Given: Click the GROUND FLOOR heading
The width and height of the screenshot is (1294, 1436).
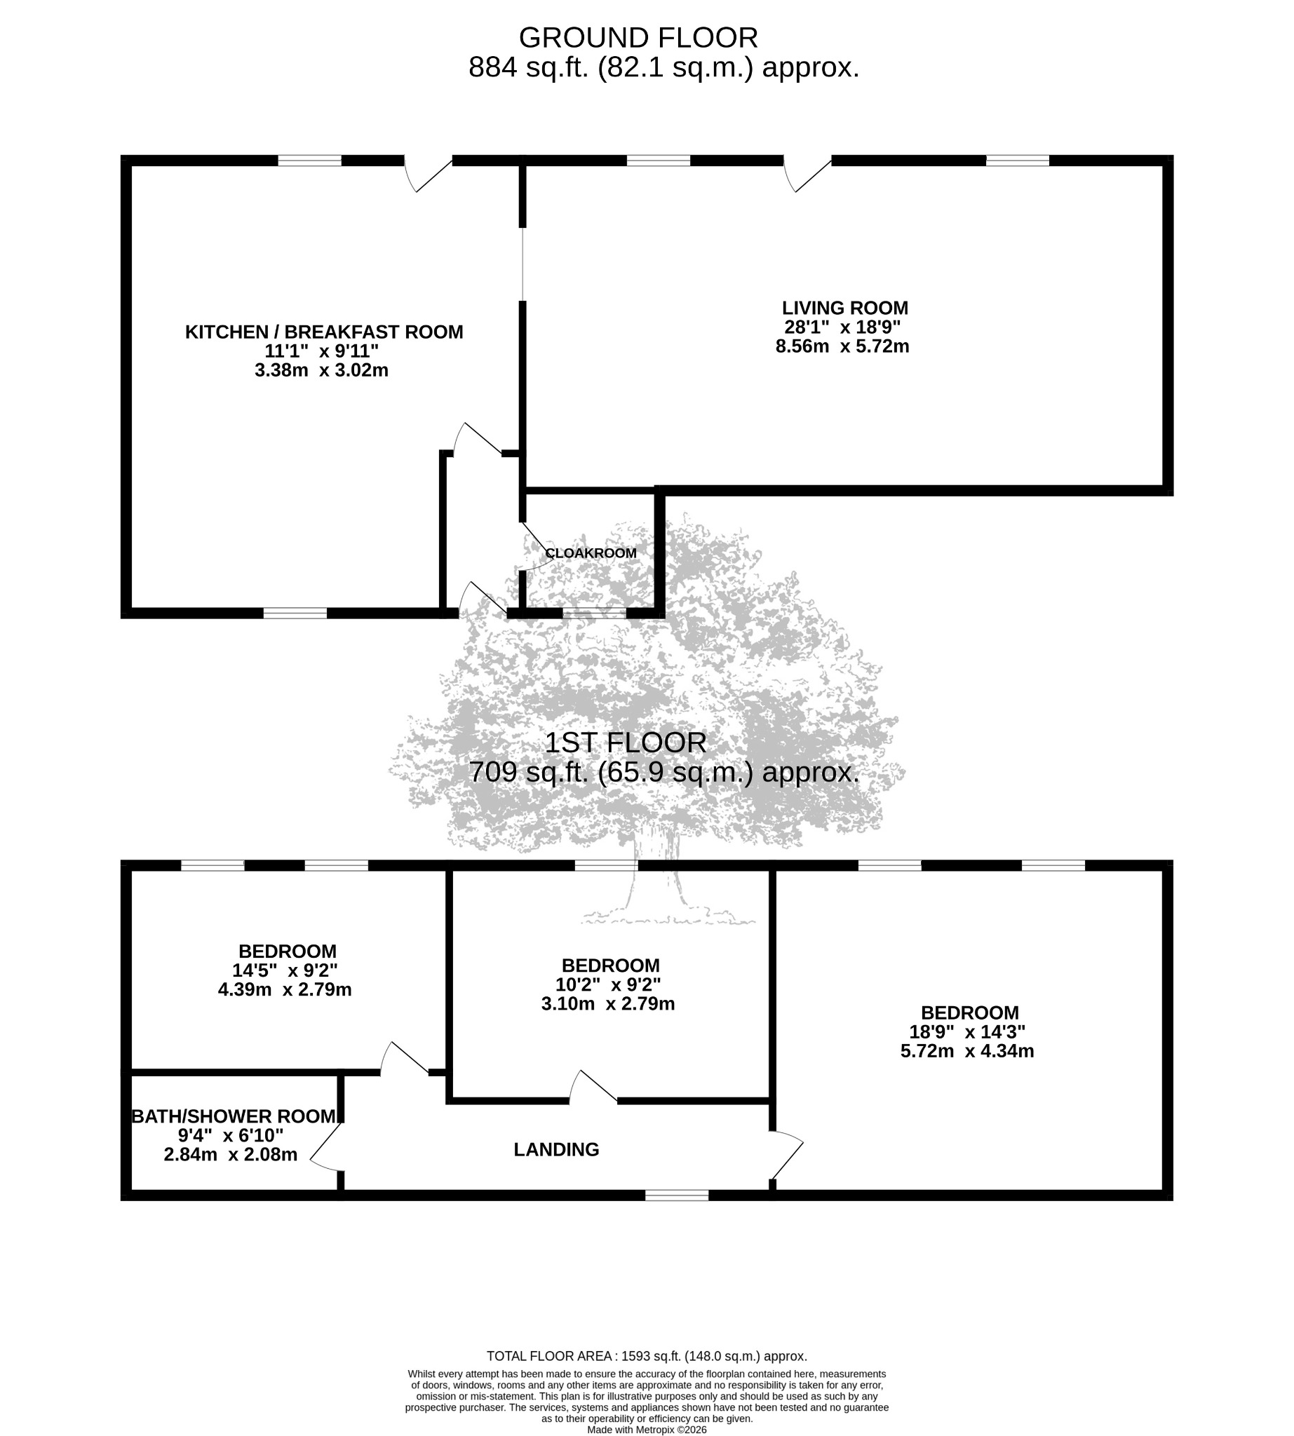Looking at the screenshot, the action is point(638,37).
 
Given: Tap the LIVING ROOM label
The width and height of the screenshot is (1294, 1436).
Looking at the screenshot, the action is point(844,308).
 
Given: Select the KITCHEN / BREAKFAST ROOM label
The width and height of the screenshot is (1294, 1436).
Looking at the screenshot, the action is point(324,332).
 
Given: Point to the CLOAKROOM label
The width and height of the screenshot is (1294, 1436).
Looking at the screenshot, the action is point(591,553).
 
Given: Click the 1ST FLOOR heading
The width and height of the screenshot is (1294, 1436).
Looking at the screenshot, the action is point(626,743).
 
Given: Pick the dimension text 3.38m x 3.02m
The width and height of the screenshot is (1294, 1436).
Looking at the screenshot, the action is point(321,370).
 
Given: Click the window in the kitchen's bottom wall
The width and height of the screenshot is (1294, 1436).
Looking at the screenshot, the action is point(295,613).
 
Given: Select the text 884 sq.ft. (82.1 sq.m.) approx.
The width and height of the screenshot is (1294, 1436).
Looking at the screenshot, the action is point(664,67).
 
